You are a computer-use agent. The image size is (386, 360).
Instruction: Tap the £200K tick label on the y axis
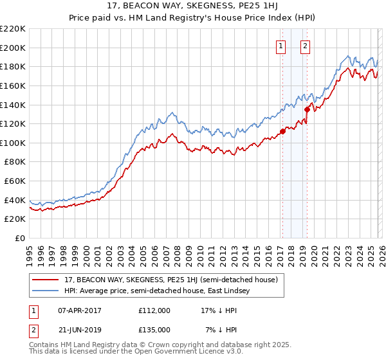point(14,48)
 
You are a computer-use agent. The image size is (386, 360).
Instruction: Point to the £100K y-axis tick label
point(14,143)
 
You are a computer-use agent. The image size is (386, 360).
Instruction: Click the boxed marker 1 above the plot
point(281,46)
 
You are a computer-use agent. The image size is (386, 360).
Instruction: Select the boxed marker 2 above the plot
point(304,46)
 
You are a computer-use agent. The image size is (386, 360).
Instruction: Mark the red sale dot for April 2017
point(282,132)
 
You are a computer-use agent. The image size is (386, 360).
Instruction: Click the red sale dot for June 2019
point(307,109)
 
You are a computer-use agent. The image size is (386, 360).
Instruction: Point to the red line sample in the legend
point(46,280)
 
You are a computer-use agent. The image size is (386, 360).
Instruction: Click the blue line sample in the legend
point(46,292)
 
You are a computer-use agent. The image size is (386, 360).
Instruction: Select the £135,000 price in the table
point(154,329)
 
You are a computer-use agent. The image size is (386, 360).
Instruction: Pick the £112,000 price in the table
point(154,310)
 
